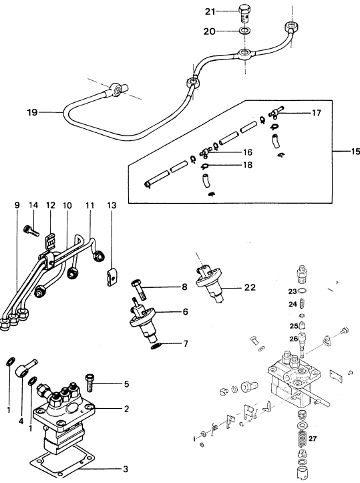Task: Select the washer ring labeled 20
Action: coord(245,31)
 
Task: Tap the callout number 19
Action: coord(32,112)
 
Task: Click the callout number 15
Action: coord(355,151)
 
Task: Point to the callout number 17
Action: coord(317,113)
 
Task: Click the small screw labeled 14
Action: coord(30,230)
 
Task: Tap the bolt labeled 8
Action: coord(139,290)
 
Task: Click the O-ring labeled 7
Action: coord(156,345)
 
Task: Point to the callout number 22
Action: coord(250,287)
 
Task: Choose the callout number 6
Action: coord(185,312)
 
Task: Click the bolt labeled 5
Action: coord(89,382)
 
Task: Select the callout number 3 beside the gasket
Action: coord(126,469)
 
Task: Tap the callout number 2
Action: coord(126,409)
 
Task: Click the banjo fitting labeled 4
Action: coord(25,368)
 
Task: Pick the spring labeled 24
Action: coord(303,303)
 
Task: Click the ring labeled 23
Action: coord(302,291)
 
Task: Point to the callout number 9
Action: coord(17,205)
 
